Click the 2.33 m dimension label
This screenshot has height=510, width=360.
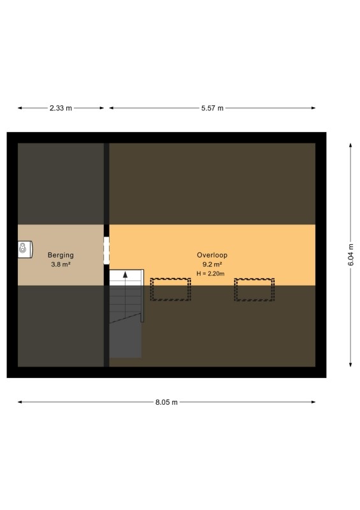pos(61,108)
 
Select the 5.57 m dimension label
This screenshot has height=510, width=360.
pos(212,108)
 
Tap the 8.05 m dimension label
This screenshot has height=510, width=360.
pos(166,402)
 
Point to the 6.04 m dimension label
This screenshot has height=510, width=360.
pos(351,254)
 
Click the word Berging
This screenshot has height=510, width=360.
pos(61,256)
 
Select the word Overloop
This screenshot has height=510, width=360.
pos(212,256)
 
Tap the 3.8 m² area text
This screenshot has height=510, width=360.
pos(61,265)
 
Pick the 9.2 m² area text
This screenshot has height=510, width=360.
pos(212,265)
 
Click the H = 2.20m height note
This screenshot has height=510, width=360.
pos(210,274)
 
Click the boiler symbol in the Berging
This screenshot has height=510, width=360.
pos(25,249)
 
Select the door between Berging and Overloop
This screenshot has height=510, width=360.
pos(106,251)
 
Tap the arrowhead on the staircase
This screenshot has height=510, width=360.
pos(125,275)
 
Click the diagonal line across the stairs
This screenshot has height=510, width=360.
pos(125,318)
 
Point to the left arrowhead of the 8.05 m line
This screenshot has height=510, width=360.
pos(20,402)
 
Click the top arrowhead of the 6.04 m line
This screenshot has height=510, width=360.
pos(350,145)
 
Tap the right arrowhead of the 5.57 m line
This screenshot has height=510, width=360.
pos(313,108)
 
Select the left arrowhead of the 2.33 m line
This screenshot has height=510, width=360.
pos(20,108)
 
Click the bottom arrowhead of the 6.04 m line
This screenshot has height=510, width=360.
pos(350,365)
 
